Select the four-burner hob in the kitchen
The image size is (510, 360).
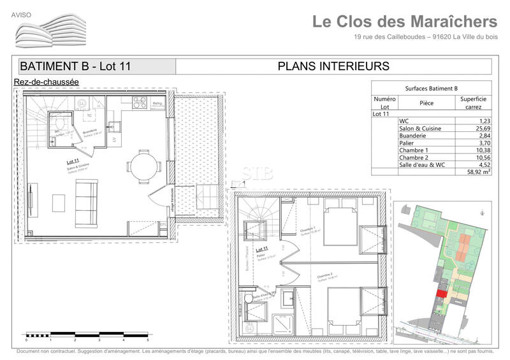click(139, 102)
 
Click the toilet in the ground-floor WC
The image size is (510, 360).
click(59, 122)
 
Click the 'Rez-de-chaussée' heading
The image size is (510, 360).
click(46, 82)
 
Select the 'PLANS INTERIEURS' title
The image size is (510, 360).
click(333, 66)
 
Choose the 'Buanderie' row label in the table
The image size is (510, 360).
click(413, 136)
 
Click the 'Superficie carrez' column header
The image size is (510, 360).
click(473, 103)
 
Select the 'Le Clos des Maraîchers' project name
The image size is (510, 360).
click(404, 22)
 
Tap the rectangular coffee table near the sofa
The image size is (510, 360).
click(59, 203)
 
